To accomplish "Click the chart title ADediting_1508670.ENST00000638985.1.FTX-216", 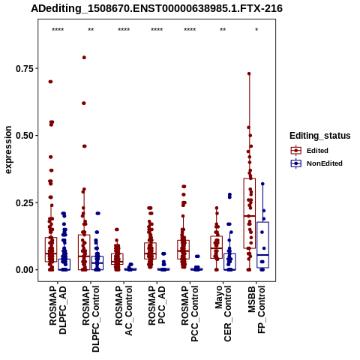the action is tap(157, 9).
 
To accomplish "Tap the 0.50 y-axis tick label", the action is tap(25, 136).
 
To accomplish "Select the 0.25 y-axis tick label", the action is tap(25, 202).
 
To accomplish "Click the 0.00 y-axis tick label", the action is tap(25, 270).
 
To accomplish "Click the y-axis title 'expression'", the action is tap(8, 150).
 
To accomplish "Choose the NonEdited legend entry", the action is tap(316, 163).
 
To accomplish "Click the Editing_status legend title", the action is tap(320, 136).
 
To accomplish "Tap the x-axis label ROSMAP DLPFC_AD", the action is tap(58, 310).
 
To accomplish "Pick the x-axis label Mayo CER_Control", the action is tap(223, 313).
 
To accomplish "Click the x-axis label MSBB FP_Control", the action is tap(256, 310).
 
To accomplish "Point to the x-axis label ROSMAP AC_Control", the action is tap(124, 311).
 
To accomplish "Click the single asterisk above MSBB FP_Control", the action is tap(256, 30).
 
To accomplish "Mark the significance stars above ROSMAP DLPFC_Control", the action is tap(91, 30).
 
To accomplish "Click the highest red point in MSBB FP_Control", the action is tap(249, 73).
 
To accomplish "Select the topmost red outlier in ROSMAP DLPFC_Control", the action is tap(84, 58).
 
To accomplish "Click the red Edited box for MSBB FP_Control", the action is tap(250, 213).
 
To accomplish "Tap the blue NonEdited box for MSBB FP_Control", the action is tap(262, 244).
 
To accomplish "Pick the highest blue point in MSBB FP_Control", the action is tap(262, 184).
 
